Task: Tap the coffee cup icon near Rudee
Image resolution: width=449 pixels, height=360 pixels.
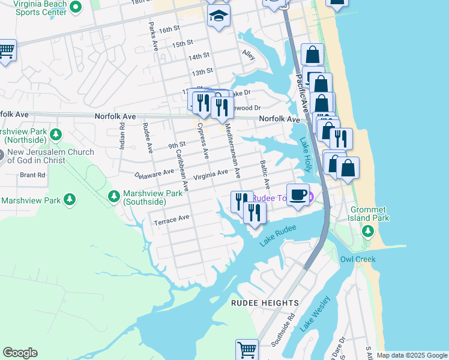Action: [x=298, y=195]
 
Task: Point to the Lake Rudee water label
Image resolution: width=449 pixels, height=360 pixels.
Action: [x=278, y=236]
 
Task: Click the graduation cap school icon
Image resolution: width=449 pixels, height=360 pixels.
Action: [x=219, y=16]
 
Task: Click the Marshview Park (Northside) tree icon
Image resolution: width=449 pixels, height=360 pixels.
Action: [x=55, y=133]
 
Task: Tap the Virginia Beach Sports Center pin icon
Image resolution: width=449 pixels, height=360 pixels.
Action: [x=75, y=7]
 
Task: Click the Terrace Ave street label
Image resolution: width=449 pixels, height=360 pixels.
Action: [x=172, y=221]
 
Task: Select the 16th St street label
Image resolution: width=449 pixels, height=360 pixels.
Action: [x=170, y=29]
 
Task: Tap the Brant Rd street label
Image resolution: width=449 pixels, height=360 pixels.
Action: [x=32, y=175]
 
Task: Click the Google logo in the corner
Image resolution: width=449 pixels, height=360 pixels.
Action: [x=20, y=352]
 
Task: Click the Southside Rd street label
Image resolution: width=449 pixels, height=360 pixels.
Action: [x=283, y=329]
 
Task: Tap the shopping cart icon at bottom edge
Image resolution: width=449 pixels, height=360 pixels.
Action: [x=247, y=350]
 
